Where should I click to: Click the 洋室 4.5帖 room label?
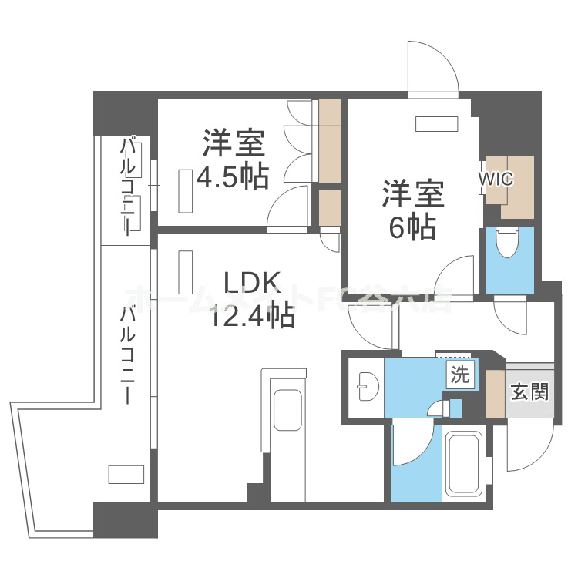click(233, 160)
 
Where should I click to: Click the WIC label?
click(496, 179)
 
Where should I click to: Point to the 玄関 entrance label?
click(529, 391)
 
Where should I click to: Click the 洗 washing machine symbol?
click(459, 376)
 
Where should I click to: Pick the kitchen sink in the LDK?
click(287, 412)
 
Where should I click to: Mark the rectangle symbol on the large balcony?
click(126, 474)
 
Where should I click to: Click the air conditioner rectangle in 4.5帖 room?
click(186, 190)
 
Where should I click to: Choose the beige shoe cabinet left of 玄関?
click(495, 391)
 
